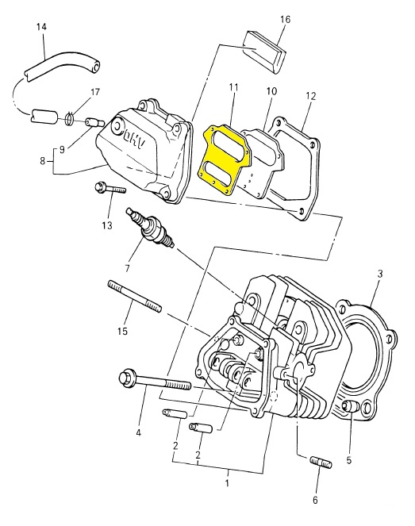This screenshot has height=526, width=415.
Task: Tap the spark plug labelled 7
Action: [x=150, y=228]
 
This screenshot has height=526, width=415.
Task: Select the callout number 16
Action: [x=285, y=20]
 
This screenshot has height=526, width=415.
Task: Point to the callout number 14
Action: [x=41, y=27]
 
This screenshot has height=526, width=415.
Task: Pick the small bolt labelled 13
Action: [x=110, y=188]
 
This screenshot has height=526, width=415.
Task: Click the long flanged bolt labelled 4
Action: [x=155, y=381]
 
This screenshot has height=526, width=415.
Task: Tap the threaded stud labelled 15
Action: [x=135, y=297]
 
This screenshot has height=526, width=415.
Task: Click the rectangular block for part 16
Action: [x=263, y=51]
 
